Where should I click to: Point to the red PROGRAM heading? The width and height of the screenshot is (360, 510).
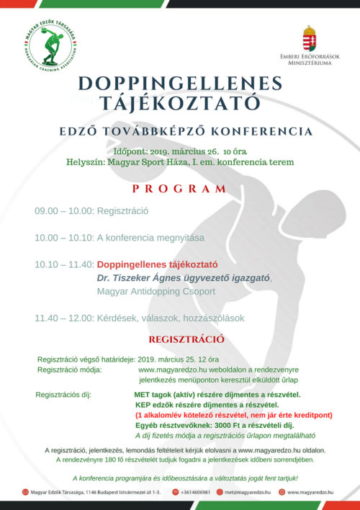click(179, 189)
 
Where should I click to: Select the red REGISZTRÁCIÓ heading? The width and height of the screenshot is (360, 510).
click(186, 339)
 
